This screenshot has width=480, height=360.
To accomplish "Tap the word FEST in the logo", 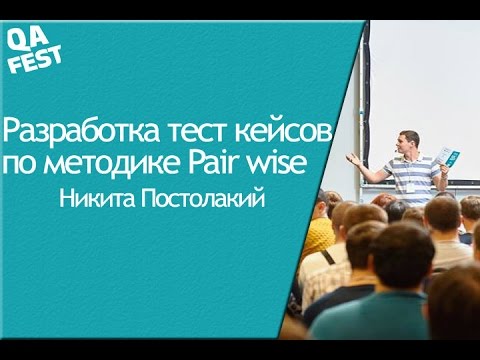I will click(x=39, y=56).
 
